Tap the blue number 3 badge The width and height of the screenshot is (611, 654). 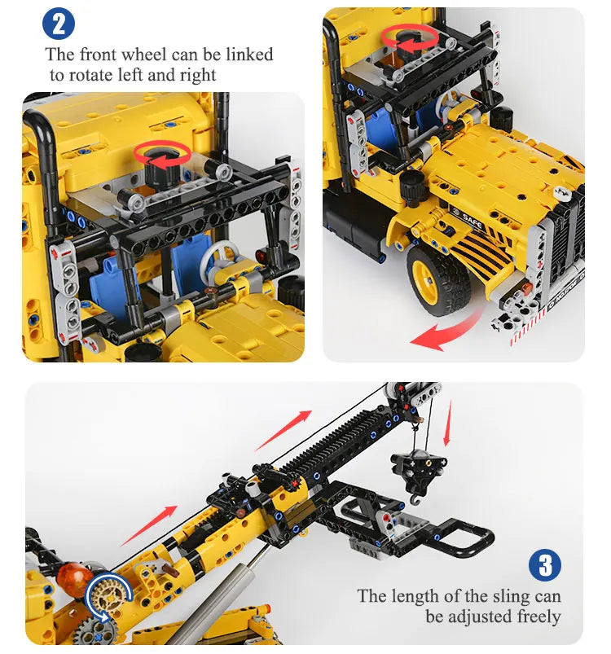(545, 565)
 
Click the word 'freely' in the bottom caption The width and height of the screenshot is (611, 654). (533, 616)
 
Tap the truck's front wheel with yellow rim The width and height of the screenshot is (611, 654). (438, 279)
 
